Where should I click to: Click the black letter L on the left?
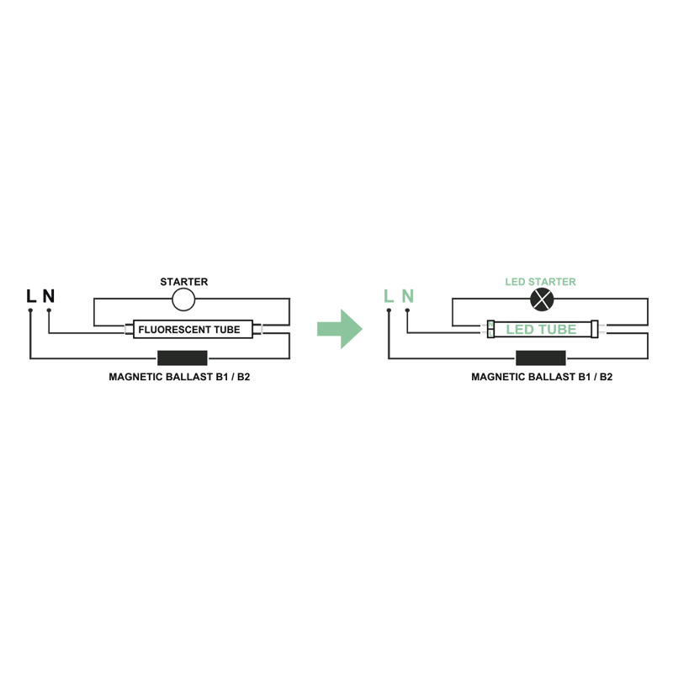point(31,296)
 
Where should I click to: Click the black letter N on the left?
point(49,296)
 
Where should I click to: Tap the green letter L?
point(388,296)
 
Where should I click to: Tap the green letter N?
point(407,296)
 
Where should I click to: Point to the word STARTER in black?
point(183,282)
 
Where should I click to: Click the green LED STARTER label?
point(540,282)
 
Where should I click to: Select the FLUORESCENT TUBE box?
point(189,330)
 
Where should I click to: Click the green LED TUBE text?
point(541,330)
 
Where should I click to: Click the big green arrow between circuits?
point(339,328)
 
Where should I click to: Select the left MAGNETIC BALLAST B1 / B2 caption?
point(179,377)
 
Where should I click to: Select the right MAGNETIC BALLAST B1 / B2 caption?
point(542,377)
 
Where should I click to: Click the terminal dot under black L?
point(30,310)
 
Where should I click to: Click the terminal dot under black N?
point(49,310)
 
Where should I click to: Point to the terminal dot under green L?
point(388,310)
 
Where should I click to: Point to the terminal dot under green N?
point(407,310)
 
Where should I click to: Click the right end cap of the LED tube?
point(594,329)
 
